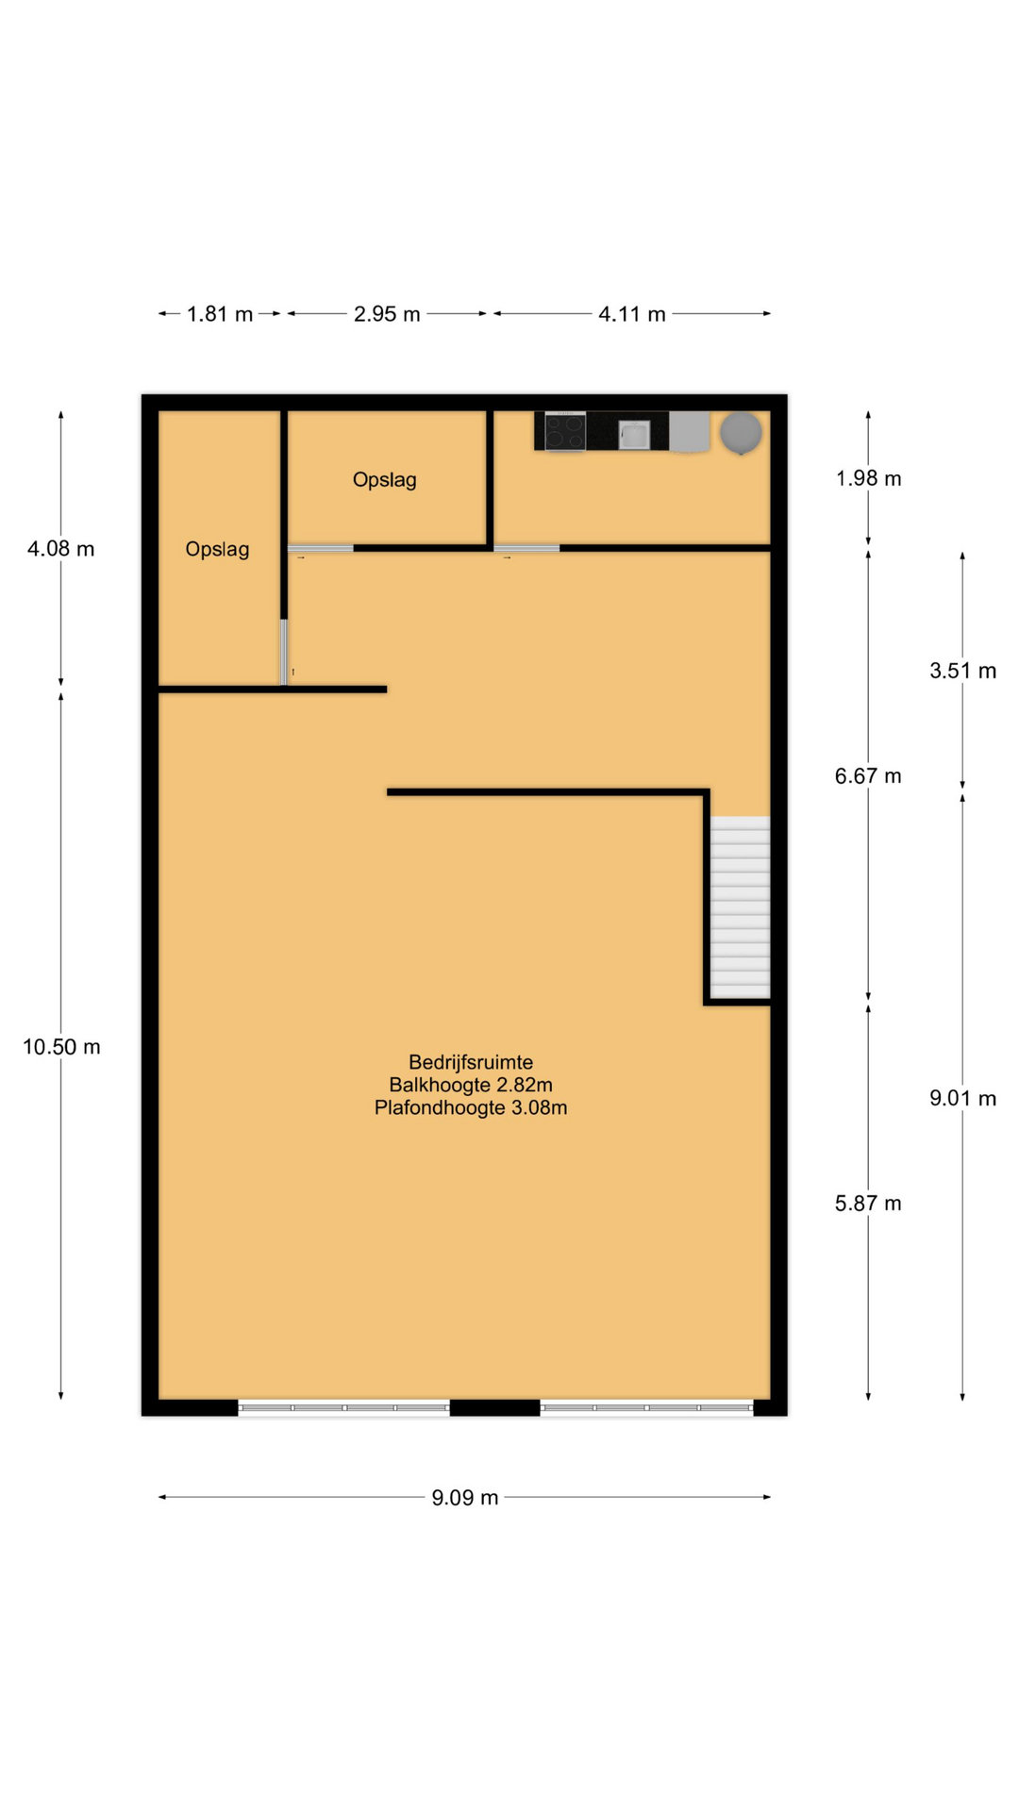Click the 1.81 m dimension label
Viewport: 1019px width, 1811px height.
[x=220, y=314]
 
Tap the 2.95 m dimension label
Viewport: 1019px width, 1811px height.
[x=387, y=314]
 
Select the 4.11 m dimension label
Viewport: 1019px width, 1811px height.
[x=632, y=314]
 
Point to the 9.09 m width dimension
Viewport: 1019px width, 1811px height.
[x=465, y=1498]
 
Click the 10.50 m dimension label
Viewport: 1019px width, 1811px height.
[x=61, y=1047]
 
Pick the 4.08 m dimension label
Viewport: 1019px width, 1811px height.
[x=61, y=549]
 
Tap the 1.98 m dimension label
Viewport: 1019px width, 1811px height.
[x=868, y=478]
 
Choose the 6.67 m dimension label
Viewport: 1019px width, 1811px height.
[x=868, y=776]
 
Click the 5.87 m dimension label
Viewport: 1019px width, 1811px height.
[x=868, y=1204]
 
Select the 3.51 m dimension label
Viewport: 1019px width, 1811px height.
[x=962, y=671]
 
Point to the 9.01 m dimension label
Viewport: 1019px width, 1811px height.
[x=962, y=1098]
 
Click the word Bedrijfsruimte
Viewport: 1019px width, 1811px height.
[x=471, y=1062]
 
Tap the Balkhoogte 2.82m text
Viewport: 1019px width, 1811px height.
[x=471, y=1085]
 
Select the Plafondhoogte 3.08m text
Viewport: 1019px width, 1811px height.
[x=471, y=1107]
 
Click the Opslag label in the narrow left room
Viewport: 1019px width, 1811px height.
[x=217, y=550]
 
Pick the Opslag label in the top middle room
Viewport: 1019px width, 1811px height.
[x=385, y=480]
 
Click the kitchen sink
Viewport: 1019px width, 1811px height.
[x=634, y=435]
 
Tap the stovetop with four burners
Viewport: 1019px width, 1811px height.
[x=565, y=432]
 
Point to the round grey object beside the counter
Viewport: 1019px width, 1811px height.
[x=741, y=433]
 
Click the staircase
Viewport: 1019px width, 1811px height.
[x=740, y=907]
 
